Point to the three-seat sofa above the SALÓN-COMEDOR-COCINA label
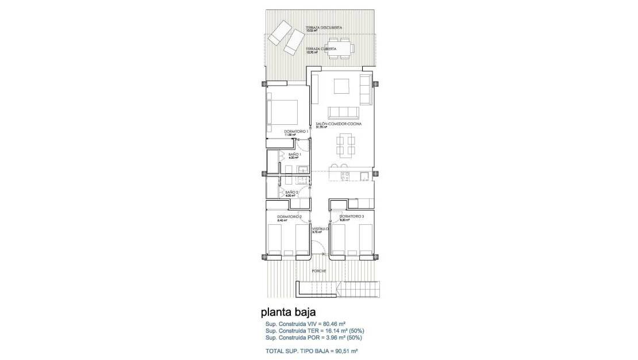[343, 112]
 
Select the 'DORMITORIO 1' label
[297, 132]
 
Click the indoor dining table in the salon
[345, 144]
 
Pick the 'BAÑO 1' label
[294, 154]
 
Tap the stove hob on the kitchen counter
[344, 176]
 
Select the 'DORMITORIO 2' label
[290, 216]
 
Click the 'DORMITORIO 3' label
[351, 216]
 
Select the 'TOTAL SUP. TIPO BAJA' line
[312, 350]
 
